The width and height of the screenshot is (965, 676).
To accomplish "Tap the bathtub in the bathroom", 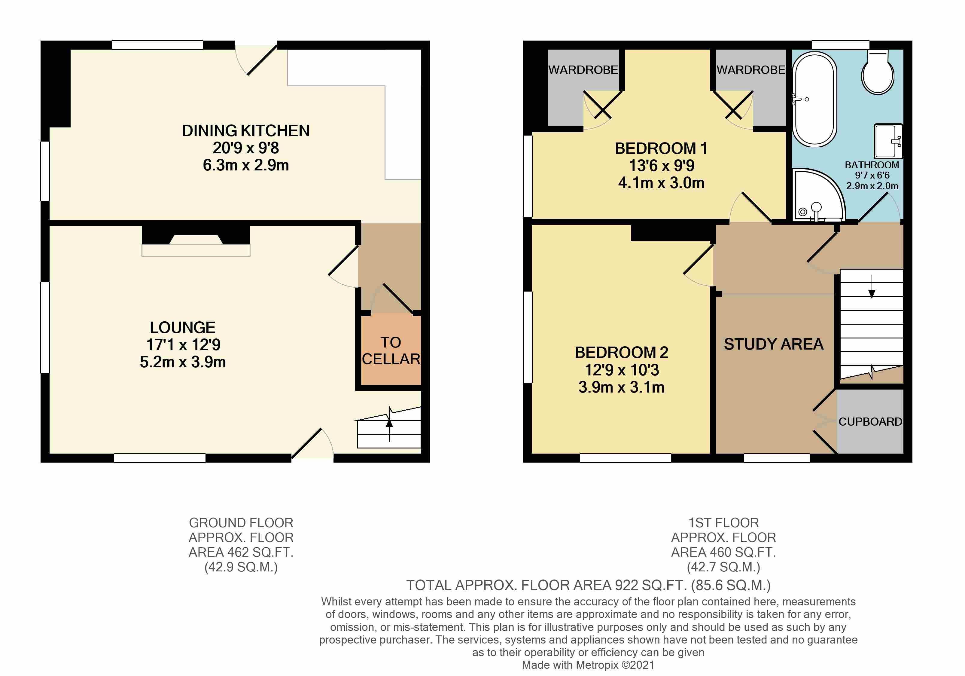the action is click(x=814, y=99).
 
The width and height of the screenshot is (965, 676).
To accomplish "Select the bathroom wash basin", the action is click(x=888, y=141).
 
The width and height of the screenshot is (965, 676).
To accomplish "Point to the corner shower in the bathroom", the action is click(x=817, y=195).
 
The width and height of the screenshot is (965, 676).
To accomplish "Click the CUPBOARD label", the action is click(x=870, y=422).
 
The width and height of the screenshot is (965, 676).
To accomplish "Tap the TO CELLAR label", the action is click(x=391, y=350).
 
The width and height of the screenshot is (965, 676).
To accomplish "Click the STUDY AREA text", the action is click(x=773, y=344).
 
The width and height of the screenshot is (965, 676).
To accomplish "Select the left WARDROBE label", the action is click(x=583, y=70).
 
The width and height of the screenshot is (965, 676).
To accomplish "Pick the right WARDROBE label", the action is click(x=751, y=70).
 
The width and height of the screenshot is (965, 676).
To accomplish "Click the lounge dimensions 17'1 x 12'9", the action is click(x=183, y=345).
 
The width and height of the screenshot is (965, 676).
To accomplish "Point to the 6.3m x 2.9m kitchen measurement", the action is click(x=246, y=165).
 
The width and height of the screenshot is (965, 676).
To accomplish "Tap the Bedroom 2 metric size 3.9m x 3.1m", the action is click(x=621, y=387).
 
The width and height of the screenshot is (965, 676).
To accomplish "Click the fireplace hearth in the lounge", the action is click(x=196, y=250).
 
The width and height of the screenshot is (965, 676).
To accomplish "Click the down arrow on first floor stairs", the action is click(x=872, y=287).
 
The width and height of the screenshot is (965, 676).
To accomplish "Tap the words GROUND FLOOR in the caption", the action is click(x=241, y=523).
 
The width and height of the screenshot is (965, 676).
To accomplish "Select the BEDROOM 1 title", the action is click(x=661, y=148).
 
